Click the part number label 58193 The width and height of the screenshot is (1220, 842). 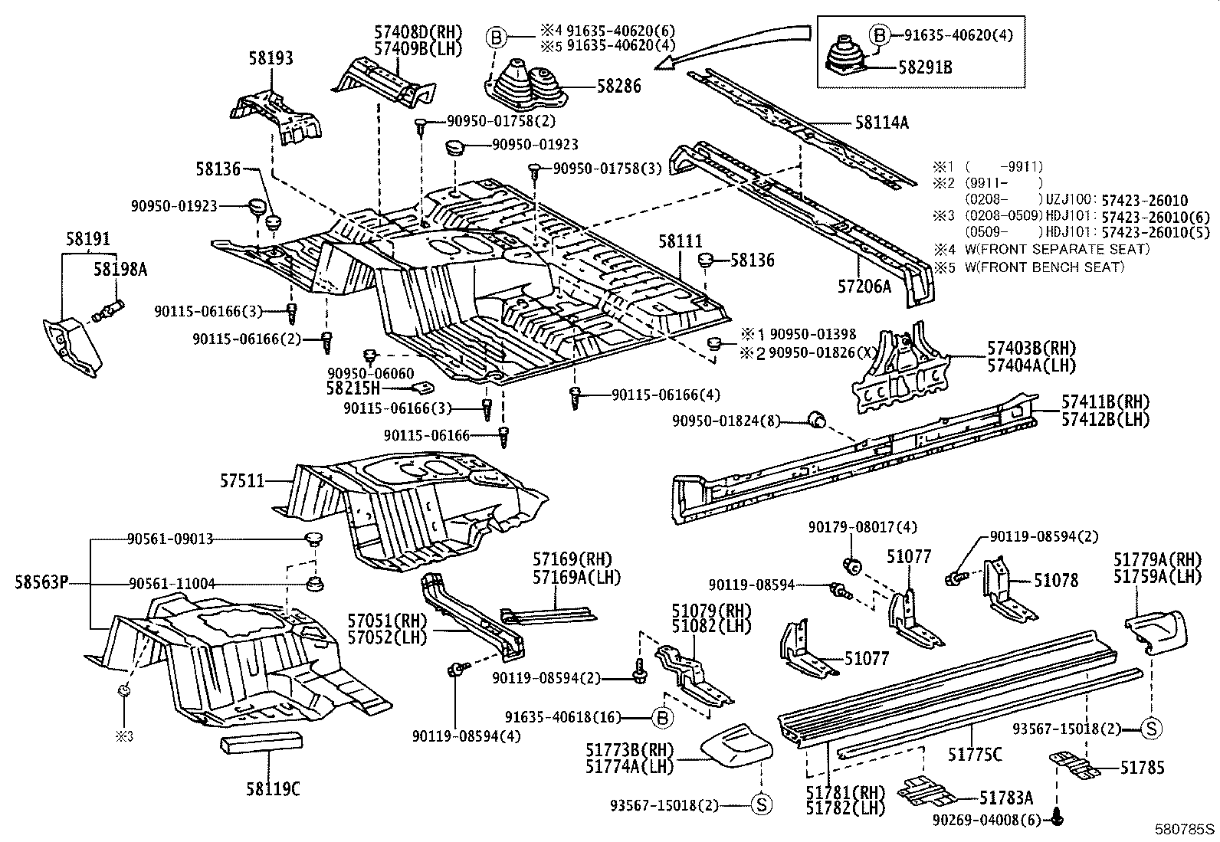(x=271, y=58)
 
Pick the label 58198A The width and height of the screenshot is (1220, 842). (x=120, y=269)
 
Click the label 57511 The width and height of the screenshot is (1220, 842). (x=242, y=481)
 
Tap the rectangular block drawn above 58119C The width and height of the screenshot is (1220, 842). (x=261, y=743)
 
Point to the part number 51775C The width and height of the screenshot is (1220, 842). (x=974, y=755)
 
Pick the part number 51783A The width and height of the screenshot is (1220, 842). (x=1006, y=798)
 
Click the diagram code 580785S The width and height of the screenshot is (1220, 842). (x=1186, y=829)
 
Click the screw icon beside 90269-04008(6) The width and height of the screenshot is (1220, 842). (x=1058, y=818)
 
